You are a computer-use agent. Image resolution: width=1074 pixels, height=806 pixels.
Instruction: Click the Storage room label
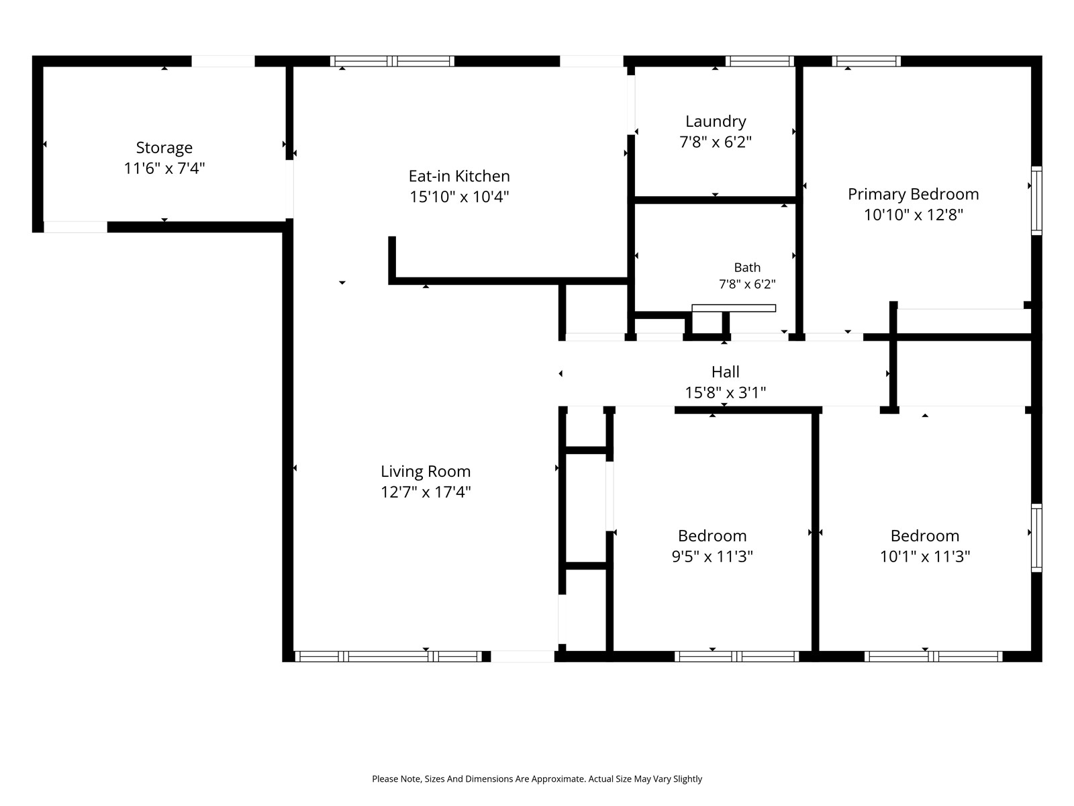(164, 147)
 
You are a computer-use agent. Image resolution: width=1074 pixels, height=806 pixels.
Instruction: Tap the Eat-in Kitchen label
(459, 176)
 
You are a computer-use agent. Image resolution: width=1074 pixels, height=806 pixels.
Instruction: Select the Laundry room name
(716, 122)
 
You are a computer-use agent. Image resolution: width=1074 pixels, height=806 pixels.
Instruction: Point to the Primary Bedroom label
(913, 194)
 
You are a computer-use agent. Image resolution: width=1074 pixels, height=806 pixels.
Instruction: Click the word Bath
(747, 267)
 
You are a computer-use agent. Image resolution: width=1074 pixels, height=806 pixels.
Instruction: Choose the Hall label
(725, 372)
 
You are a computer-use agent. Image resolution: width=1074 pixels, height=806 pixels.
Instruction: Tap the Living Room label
(426, 472)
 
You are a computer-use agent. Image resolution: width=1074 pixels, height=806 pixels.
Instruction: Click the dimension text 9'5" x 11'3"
(712, 556)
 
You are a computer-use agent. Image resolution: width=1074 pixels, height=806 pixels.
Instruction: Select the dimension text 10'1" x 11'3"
(925, 556)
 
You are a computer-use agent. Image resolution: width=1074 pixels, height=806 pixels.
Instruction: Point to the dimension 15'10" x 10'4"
(459, 197)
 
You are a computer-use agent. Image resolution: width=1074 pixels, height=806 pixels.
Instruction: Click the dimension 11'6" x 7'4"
(164, 169)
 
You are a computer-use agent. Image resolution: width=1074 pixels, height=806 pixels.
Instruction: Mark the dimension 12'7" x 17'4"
(426, 492)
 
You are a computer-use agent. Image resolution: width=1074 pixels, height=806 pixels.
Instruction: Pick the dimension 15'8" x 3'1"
(725, 392)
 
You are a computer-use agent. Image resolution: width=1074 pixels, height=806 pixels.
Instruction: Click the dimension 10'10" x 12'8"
(913, 215)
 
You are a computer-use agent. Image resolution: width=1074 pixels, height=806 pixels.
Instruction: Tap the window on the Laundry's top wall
(759, 61)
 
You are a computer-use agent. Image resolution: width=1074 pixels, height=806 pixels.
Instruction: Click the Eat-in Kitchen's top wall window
(392, 61)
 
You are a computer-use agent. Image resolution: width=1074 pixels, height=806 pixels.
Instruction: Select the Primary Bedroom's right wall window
(1036, 201)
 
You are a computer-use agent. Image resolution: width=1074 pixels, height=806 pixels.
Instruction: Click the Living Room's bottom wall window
(389, 656)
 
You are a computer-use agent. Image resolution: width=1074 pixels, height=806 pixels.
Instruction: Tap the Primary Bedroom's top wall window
(866, 61)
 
